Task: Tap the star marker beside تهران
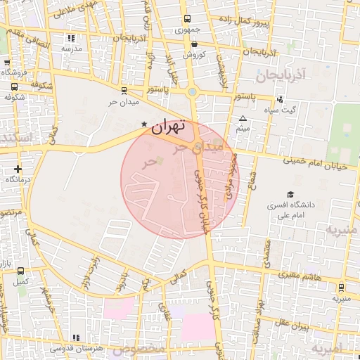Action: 144,124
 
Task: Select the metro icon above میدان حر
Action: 124,90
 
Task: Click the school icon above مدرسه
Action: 71,38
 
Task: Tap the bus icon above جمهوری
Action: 186,19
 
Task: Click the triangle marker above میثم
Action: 243,118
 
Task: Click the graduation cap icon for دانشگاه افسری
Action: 290,195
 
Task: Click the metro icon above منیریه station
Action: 341,287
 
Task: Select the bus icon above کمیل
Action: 20,271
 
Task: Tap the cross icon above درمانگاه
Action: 18,169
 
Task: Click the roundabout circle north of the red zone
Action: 193,91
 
